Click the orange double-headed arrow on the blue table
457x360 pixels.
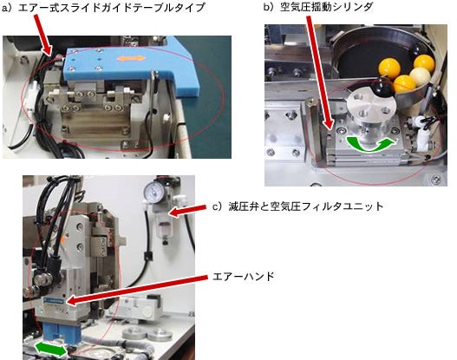(131, 58)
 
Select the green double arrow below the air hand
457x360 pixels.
(51, 350)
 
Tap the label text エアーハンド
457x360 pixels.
(244, 276)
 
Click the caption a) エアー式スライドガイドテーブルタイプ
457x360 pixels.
(103, 7)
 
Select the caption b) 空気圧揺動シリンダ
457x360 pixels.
(318, 7)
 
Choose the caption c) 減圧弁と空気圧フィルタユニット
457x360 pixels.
(297, 206)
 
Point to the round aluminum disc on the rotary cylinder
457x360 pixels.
(370, 104)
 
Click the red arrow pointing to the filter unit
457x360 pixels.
(187, 211)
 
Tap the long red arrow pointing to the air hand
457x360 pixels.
(137, 290)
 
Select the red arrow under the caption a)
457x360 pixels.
(42, 35)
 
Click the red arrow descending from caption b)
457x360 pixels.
(320, 73)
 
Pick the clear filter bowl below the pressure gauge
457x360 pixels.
(164, 228)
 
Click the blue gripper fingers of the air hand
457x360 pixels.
(61, 333)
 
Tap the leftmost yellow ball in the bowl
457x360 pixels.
(388, 68)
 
